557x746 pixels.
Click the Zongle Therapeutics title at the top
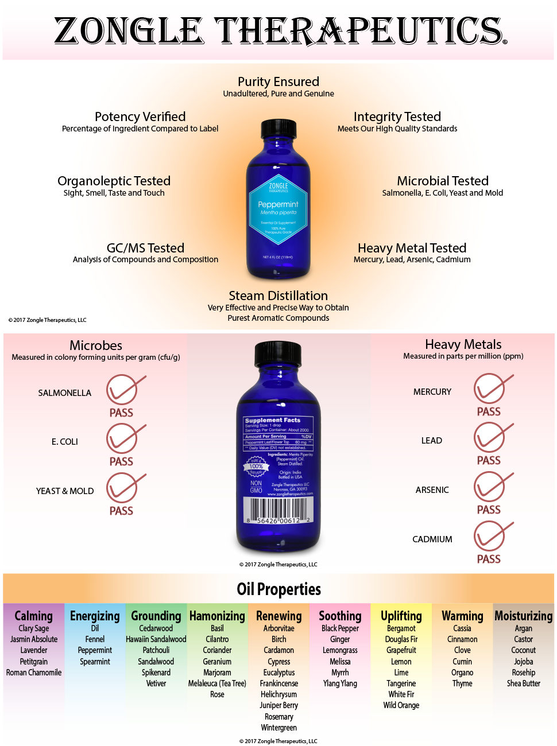(x=280, y=31)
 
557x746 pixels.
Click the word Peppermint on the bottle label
(x=278, y=204)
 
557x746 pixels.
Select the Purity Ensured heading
(x=278, y=82)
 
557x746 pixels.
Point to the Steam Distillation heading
(x=278, y=296)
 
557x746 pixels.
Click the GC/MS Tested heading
(x=145, y=248)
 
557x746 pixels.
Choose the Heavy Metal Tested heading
(x=412, y=248)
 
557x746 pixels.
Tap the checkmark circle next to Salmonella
(x=122, y=390)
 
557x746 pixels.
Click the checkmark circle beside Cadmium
(x=489, y=537)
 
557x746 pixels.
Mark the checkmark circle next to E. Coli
(x=122, y=439)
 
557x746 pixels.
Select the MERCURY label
(x=432, y=392)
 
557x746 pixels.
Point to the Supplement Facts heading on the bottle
(x=273, y=420)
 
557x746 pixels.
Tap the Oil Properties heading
(x=278, y=589)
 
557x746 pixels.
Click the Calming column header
(x=33, y=616)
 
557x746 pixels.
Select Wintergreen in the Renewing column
(x=278, y=728)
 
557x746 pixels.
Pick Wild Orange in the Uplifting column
(x=401, y=705)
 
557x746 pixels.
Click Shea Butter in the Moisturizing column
(x=523, y=683)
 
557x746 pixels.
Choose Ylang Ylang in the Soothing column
(x=340, y=683)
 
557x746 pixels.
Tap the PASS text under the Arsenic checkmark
(x=489, y=510)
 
